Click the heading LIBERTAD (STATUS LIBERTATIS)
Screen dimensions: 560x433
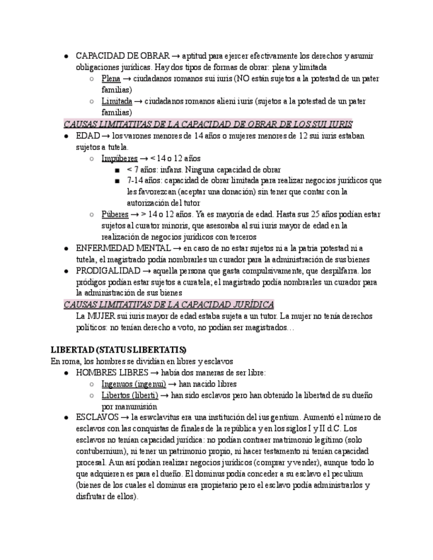click(118, 349)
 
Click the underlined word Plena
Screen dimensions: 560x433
click(111, 79)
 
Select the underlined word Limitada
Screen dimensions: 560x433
click(116, 101)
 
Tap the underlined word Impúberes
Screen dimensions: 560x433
click(120, 158)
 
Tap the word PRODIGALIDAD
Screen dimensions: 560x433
click(108, 271)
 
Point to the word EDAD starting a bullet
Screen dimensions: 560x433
click(88, 135)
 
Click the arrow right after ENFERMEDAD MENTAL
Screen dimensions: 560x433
click(177, 248)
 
